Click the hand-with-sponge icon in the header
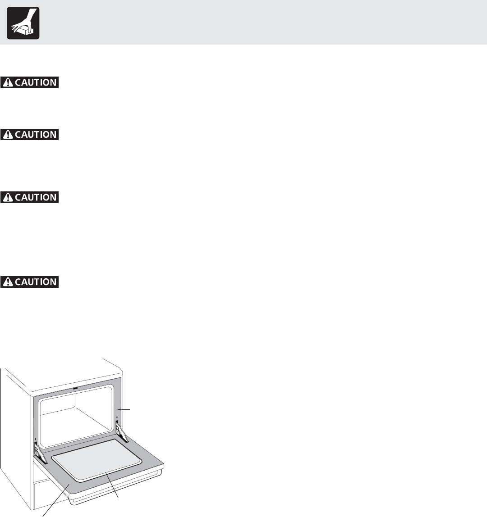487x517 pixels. (23, 23)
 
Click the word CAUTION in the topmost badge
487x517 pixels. (36, 83)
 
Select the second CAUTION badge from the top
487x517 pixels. (30, 134)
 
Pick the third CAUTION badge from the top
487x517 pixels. (30, 197)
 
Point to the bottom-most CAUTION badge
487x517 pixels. (30, 282)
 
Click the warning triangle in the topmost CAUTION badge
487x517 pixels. (8, 83)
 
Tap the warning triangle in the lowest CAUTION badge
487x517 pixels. (8, 282)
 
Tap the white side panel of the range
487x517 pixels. (16, 428)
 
